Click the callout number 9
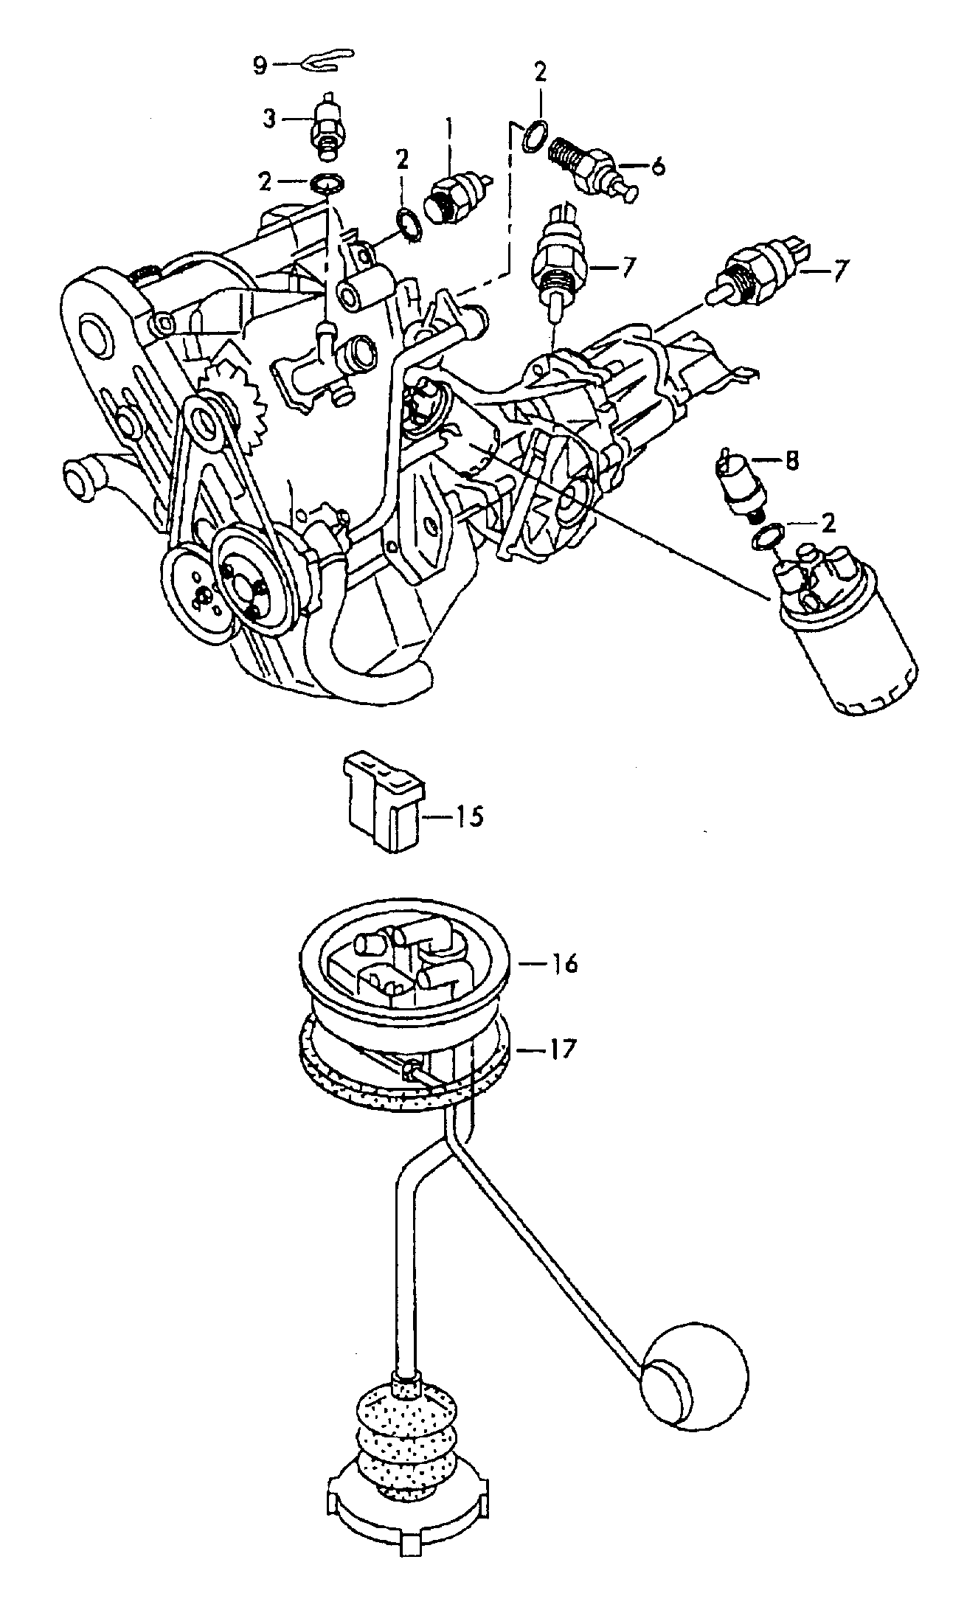(259, 66)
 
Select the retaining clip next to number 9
(329, 60)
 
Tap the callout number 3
(270, 118)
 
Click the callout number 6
(658, 166)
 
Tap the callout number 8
(791, 461)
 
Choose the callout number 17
(562, 1049)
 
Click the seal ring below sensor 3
(327, 181)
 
